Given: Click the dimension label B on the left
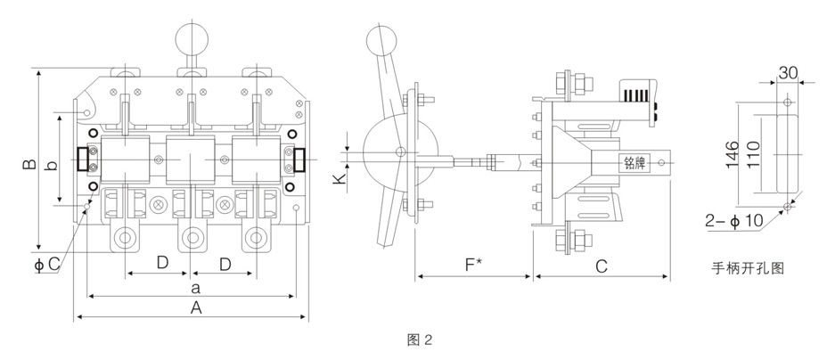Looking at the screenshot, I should pyautogui.click(x=29, y=165).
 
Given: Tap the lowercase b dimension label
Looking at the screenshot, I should pyautogui.click(x=53, y=165).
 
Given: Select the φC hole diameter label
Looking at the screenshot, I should pyautogui.click(x=47, y=263).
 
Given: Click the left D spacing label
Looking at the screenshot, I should pyautogui.click(x=161, y=264).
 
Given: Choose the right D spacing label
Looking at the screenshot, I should pyautogui.click(x=225, y=264).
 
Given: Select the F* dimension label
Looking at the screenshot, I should pyautogui.click(x=476, y=265).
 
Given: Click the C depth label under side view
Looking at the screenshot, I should pyautogui.click(x=602, y=265).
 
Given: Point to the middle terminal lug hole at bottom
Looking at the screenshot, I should pyautogui.click(x=192, y=239).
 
